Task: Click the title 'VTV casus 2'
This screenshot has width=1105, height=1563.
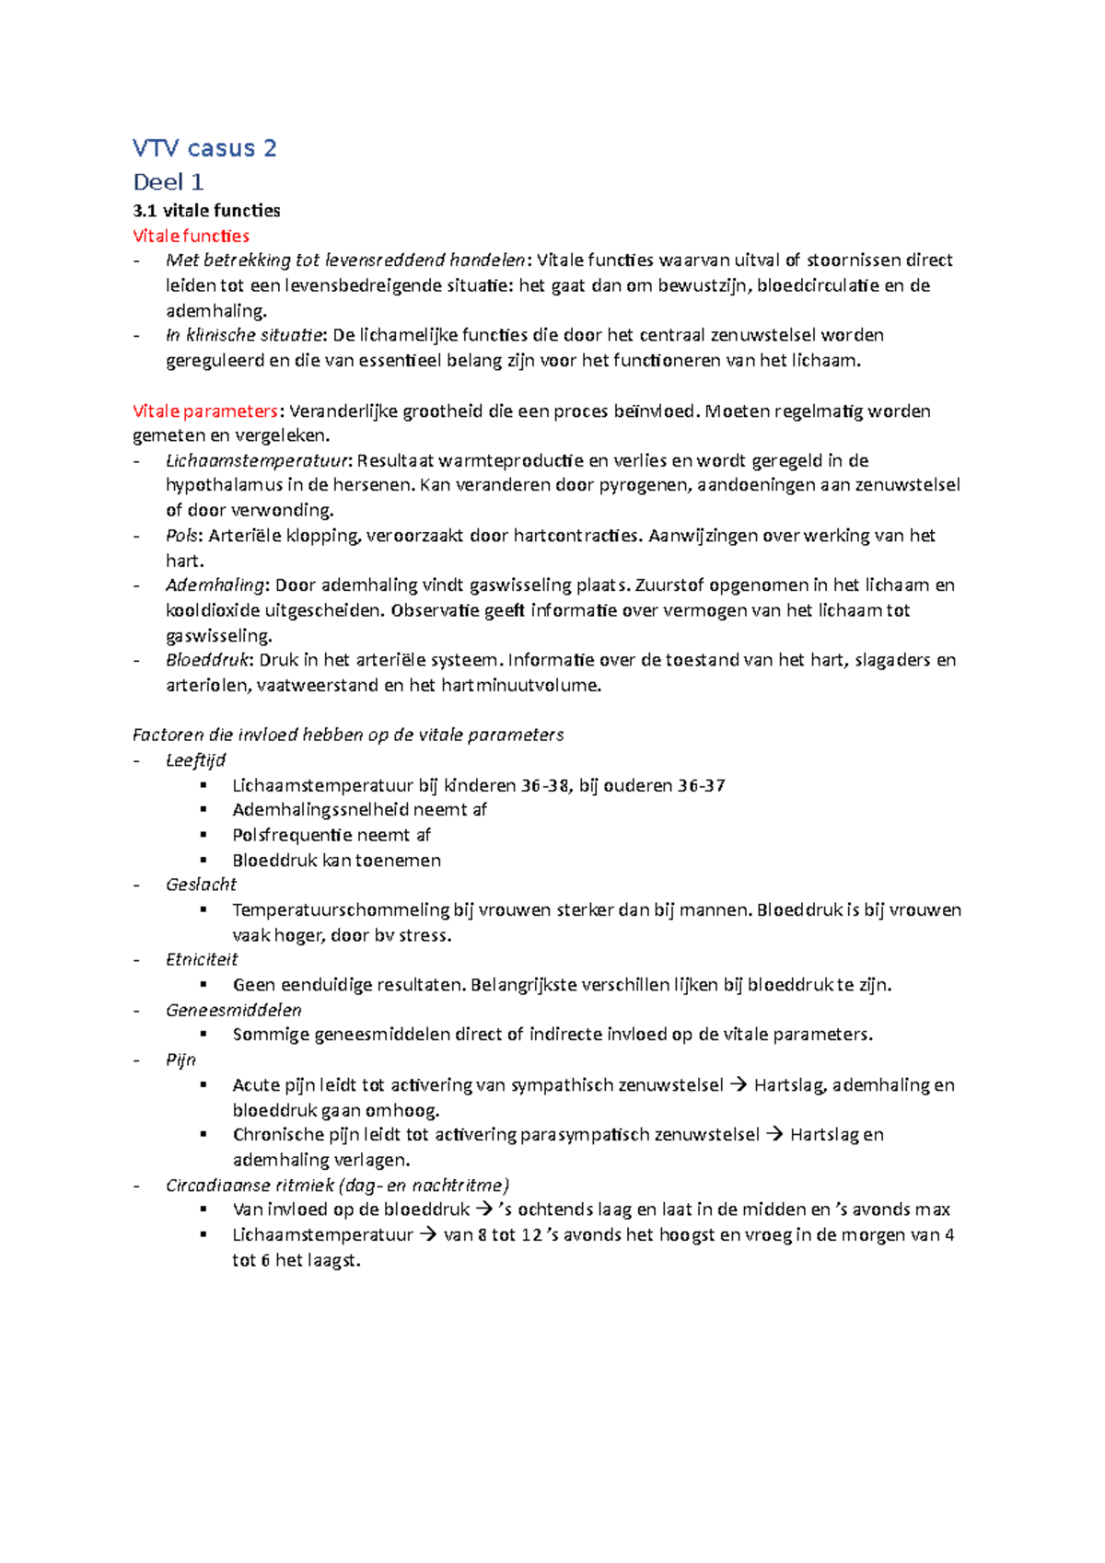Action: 204,148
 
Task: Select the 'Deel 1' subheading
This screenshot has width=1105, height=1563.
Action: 168,181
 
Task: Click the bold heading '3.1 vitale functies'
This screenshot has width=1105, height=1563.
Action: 206,211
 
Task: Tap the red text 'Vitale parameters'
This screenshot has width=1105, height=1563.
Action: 205,411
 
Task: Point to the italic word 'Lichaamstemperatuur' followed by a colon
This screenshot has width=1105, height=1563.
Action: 258,460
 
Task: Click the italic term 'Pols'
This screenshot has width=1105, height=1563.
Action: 181,536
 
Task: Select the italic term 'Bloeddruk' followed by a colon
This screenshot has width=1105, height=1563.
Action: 208,660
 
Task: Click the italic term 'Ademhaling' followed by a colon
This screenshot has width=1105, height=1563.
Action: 215,585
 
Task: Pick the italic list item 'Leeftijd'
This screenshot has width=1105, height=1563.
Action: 195,760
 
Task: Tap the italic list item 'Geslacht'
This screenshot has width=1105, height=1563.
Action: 201,885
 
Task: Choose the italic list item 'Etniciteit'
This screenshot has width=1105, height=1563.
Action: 202,959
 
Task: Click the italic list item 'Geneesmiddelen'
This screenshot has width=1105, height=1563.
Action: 233,1010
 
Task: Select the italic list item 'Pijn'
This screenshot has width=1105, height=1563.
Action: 180,1059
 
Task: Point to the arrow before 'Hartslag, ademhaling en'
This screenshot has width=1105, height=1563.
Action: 739,1085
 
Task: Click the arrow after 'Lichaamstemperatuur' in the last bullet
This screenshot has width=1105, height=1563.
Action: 428,1235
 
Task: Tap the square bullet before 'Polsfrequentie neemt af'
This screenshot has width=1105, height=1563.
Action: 204,834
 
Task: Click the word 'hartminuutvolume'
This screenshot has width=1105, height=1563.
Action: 519,685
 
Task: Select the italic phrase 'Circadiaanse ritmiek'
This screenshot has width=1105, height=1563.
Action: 249,1186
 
